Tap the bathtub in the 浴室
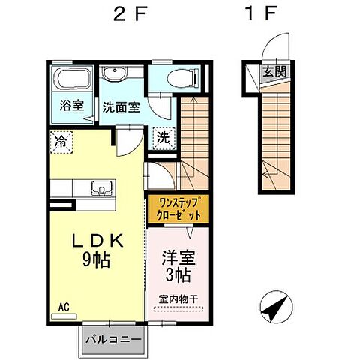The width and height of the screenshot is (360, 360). point(73,79)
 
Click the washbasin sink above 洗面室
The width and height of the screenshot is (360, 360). point(115,74)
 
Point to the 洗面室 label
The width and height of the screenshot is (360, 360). point(120,107)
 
